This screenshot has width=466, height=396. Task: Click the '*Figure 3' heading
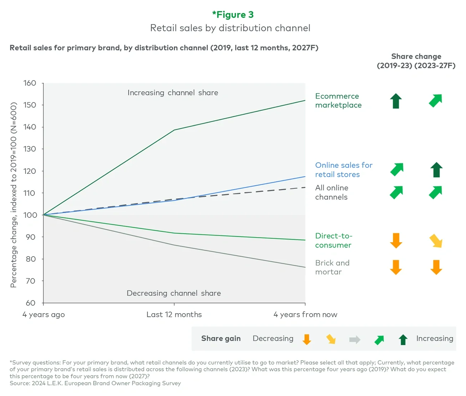(x=233, y=15)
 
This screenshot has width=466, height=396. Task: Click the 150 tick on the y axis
(x=30, y=105)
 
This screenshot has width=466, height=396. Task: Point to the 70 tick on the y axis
(x=30, y=281)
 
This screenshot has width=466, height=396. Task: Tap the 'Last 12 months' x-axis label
(x=174, y=315)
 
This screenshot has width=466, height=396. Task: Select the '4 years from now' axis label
(x=305, y=315)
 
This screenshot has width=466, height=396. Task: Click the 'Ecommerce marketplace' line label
(x=338, y=101)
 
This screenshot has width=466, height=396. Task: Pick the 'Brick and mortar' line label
(x=332, y=267)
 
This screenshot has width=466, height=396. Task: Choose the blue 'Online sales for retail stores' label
(x=343, y=170)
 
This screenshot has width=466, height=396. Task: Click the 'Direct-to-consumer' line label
(x=333, y=240)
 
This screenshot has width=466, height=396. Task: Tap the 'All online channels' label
(x=332, y=192)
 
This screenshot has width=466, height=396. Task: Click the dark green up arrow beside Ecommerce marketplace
(x=396, y=101)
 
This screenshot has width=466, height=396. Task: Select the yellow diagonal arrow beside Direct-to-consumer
(x=436, y=241)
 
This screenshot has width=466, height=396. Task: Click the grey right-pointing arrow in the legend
(x=355, y=339)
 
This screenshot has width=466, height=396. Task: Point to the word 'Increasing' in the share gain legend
(x=434, y=339)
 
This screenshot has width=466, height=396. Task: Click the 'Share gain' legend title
(x=221, y=339)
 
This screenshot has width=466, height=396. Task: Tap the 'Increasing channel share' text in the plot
(x=173, y=93)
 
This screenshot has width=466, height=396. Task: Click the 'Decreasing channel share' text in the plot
(x=173, y=293)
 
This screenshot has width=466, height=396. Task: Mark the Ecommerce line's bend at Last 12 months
(x=174, y=130)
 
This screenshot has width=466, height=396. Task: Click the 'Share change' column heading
(x=416, y=57)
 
